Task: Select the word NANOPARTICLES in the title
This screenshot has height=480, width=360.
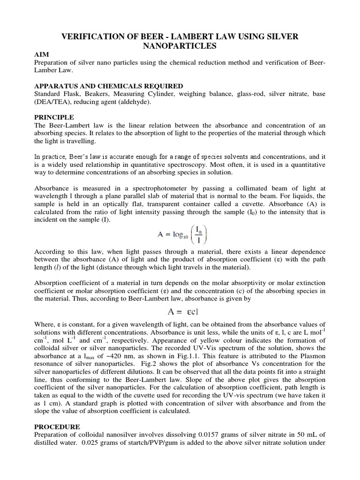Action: [180, 46]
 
